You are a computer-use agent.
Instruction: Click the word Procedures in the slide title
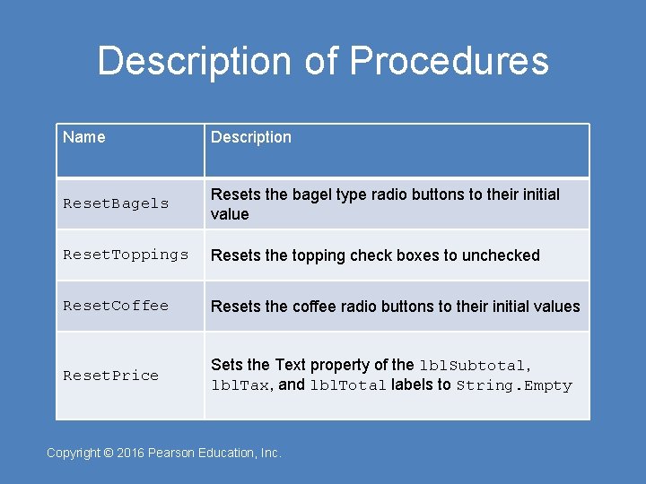pos(449,61)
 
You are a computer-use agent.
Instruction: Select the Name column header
pos(83,137)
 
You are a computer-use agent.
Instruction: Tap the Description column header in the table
pos(251,137)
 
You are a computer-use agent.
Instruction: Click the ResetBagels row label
pos(116,203)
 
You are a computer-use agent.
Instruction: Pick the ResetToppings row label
pos(126,255)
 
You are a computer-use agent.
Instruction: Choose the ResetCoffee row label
pos(116,306)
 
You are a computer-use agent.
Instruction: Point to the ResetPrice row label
pos(110,376)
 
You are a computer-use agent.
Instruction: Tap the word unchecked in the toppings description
pos(501,255)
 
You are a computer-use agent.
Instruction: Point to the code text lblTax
pos(240,385)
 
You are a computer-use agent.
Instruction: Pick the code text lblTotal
pos(348,385)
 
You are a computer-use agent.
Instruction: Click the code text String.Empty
pos(513,385)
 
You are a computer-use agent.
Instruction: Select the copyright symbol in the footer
pos(109,453)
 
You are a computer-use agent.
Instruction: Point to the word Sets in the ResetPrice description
pos(226,365)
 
